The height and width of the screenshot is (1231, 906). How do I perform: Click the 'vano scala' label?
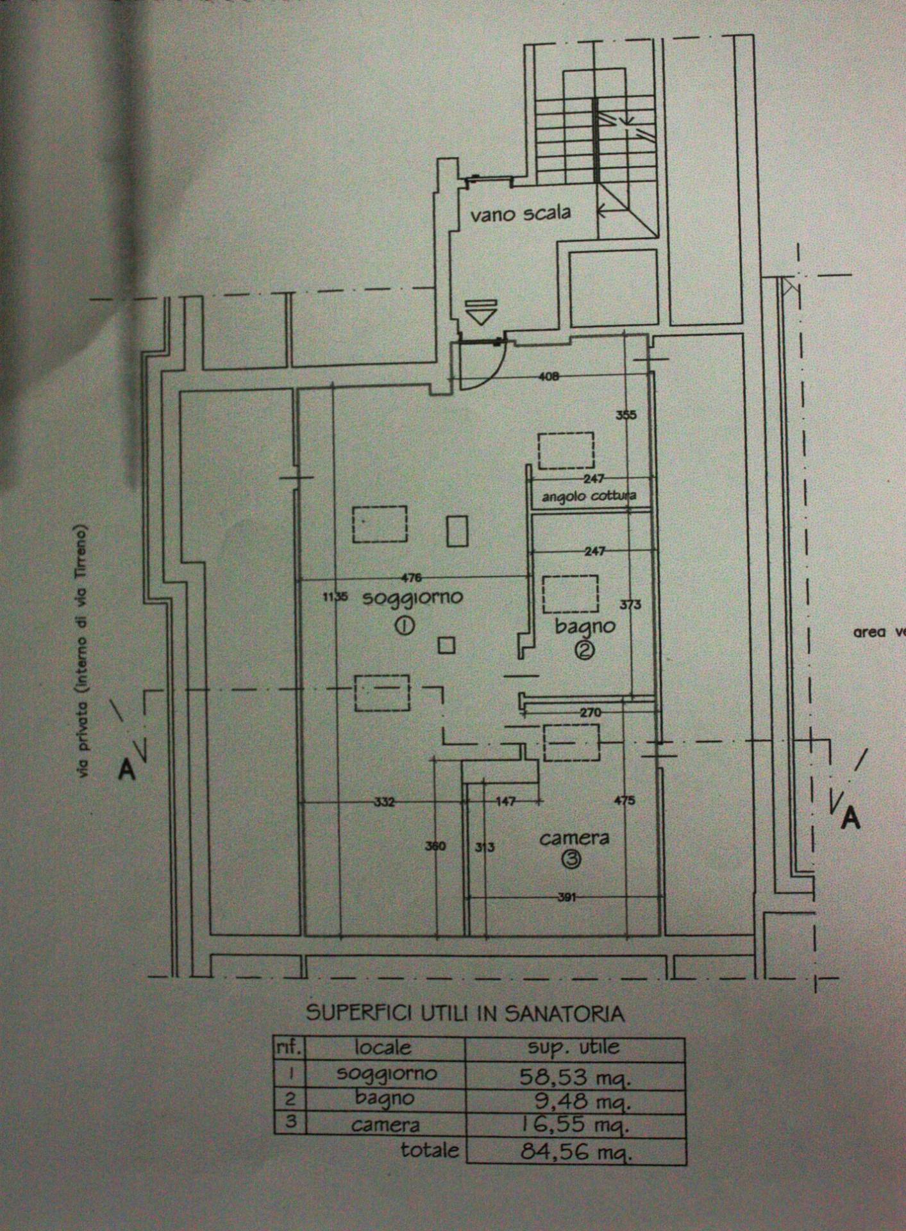pos(520,213)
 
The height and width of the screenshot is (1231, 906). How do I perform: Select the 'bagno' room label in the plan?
pos(585,626)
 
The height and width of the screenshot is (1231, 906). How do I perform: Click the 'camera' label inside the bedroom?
pos(574,838)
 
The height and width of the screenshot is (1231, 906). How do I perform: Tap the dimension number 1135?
pos(335,597)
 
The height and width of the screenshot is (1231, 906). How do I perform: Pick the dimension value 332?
pos(385,801)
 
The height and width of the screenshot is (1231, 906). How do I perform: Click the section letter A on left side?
pos(127,770)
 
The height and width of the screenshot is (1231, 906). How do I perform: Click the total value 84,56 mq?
pos(575,1153)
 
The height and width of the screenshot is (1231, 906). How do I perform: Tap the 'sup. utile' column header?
pos(573,1048)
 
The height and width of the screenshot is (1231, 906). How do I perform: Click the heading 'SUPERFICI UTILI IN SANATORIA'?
pos(465,1013)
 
